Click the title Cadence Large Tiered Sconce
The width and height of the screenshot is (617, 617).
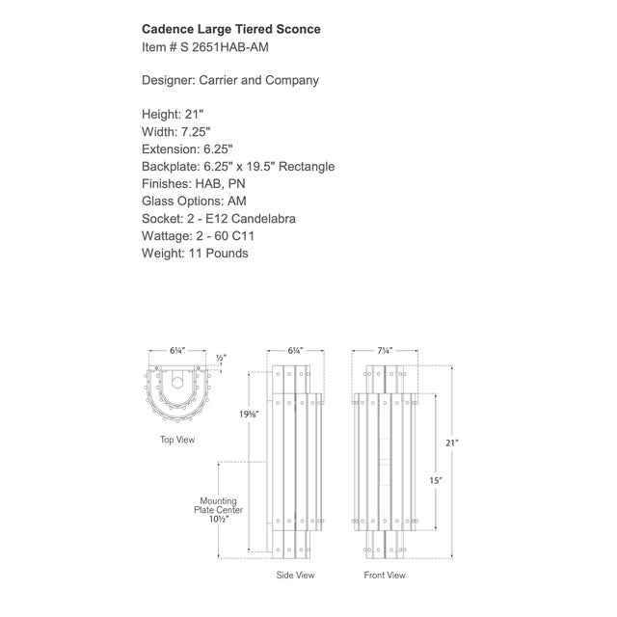[x=231, y=29]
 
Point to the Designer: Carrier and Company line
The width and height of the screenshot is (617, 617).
[x=230, y=80]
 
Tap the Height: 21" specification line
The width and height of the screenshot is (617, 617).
[x=173, y=114]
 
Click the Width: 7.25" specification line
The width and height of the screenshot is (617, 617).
[x=175, y=132]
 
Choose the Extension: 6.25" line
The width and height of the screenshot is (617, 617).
[x=187, y=149]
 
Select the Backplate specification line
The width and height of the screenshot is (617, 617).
[x=238, y=167]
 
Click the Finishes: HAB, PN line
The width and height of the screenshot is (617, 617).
[x=193, y=184]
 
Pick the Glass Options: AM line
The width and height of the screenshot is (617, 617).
[x=194, y=201]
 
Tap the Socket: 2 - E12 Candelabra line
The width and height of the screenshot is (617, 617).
[x=219, y=219]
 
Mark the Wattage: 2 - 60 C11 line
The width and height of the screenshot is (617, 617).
[x=198, y=235]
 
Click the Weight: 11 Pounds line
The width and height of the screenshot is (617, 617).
[x=195, y=253]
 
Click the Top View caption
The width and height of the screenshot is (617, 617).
[x=177, y=440]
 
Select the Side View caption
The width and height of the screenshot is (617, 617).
[x=295, y=575]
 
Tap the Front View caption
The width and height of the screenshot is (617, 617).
[x=385, y=575]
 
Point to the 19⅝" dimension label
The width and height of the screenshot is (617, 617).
[x=249, y=414]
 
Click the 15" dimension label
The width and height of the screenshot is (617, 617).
[x=436, y=480]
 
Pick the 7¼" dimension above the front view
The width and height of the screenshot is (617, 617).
[x=385, y=350]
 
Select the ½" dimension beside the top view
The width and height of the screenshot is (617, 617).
[x=221, y=358]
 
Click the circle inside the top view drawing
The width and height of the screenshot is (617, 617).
[x=177, y=383]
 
